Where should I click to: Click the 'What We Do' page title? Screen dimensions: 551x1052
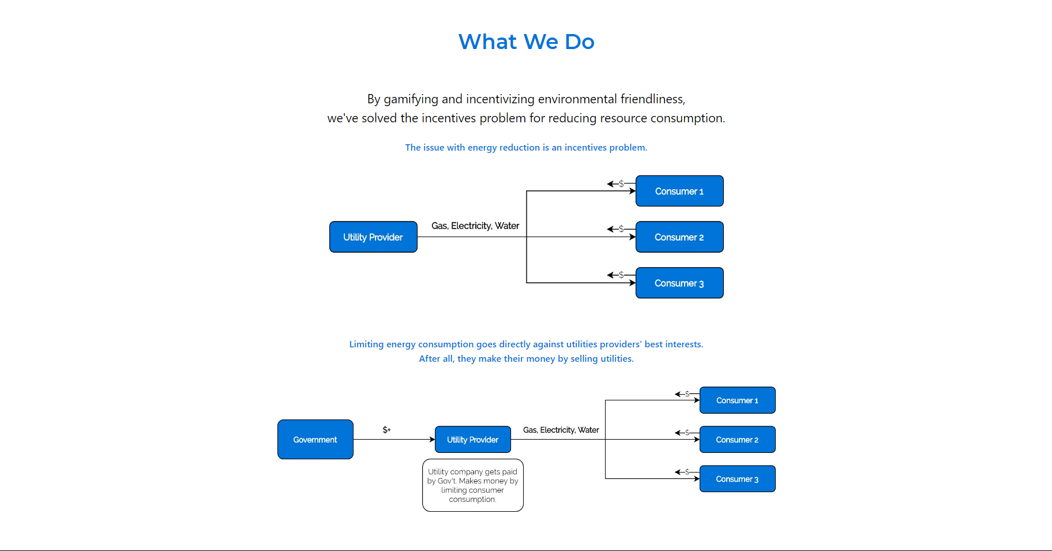[x=526, y=42]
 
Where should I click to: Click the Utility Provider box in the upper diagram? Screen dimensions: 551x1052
[x=373, y=237]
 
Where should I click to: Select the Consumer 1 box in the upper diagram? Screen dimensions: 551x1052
[x=679, y=191]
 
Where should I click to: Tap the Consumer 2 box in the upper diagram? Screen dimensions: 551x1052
[x=679, y=237]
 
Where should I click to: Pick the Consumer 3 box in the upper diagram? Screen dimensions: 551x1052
[x=679, y=283]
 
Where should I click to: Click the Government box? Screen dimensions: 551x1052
[x=315, y=440]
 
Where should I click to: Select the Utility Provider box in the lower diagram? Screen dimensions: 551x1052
[x=472, y=440]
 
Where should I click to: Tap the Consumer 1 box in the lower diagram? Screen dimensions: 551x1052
[x=737, y=400]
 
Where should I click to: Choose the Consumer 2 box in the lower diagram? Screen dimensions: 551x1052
[x=737, y=440]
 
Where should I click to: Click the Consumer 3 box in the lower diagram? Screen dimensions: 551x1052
[x=737, y=479]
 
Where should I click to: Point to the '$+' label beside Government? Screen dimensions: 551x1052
[x=386, y=430]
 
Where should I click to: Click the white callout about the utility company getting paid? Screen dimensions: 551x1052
[x=472, y=485]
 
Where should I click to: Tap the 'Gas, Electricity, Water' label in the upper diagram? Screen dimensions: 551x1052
[x=475, y=226]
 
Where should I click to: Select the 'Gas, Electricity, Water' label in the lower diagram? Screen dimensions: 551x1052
[x=561, y=430]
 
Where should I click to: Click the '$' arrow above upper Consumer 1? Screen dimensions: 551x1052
[x=620, y=183]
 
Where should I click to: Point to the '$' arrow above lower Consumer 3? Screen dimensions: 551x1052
[x=686, y=472]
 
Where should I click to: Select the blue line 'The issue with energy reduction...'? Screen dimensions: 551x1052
[x=526, y=148]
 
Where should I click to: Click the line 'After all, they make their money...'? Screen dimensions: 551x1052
[x=526, y=359]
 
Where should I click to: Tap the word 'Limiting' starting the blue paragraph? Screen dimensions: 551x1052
[x=366, y=344]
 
